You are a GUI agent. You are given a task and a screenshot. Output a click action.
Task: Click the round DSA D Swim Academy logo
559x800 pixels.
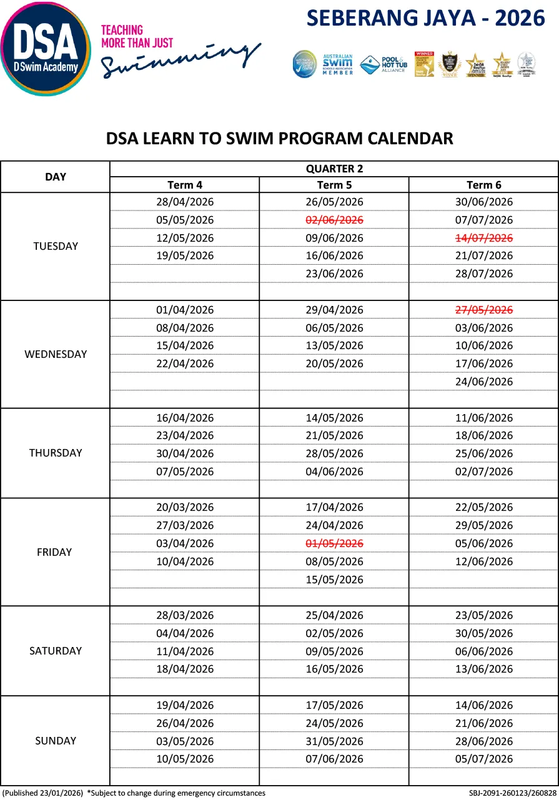pos(45,49)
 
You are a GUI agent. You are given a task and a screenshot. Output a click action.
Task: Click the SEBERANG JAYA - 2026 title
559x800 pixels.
pos(426,18)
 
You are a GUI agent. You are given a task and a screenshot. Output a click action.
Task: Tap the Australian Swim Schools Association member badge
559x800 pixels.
pos(338,64)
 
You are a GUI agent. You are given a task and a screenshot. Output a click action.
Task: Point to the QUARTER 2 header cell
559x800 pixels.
pos(334,169)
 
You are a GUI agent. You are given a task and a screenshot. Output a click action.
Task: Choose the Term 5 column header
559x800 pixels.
pos(334,185)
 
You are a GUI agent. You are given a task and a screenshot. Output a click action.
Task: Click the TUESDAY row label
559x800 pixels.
pos(56,246)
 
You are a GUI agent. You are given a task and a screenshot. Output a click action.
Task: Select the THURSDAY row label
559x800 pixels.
pos(56,453)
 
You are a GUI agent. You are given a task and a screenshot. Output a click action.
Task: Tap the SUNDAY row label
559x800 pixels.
pos(56,741)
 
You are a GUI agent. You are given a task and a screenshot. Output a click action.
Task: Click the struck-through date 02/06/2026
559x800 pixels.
pos(334,220)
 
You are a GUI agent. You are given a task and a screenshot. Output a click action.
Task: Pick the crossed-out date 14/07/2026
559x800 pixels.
pos(484,238)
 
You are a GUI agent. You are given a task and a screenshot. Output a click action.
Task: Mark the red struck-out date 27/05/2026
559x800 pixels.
pos(484,310)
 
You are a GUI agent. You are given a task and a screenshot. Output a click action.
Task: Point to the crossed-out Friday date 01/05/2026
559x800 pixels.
pos(334,543)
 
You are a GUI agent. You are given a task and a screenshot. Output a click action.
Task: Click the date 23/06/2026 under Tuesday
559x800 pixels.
pos(334,274)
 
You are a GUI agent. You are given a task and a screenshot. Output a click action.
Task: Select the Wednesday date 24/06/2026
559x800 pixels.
pos(484,382)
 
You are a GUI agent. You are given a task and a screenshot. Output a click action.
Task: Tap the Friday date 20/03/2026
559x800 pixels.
pos(185,507)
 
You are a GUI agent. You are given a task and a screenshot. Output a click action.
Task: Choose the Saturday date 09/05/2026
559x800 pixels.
pos(334,651)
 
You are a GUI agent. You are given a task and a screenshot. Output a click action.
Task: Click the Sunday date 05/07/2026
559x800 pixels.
pos(484,759)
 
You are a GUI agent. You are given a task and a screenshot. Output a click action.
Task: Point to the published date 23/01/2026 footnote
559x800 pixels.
pos(43,793)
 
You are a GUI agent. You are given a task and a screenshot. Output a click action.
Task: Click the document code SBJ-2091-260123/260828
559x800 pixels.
pos(512,793)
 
